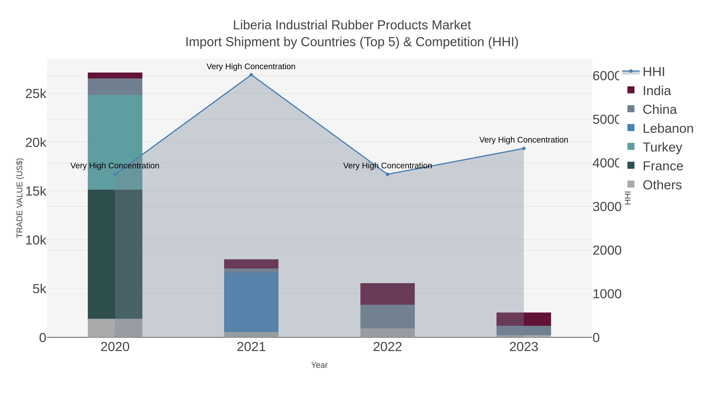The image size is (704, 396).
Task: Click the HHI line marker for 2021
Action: (251, 75)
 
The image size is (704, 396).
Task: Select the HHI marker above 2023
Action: (524, 148)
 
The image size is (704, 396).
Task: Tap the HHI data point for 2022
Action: (388, 174)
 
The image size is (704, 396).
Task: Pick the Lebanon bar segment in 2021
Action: (251, 302)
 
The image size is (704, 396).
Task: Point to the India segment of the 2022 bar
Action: (388, 294)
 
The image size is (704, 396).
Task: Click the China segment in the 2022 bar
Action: (388, 316)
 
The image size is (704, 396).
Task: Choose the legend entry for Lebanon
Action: (667, 128)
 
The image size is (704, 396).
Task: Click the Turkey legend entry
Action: (662, 147)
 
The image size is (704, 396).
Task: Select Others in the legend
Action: (662, 185)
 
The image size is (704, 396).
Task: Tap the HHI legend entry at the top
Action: (653, 72)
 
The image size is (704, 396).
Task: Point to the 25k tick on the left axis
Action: (36, 94)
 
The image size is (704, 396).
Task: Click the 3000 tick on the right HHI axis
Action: (606, 207)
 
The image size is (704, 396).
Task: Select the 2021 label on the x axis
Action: (251, 347)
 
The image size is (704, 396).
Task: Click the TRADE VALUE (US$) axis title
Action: (20, 198)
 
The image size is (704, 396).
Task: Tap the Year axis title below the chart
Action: (319, 365)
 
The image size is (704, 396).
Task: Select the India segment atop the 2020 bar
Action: (115, 75)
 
